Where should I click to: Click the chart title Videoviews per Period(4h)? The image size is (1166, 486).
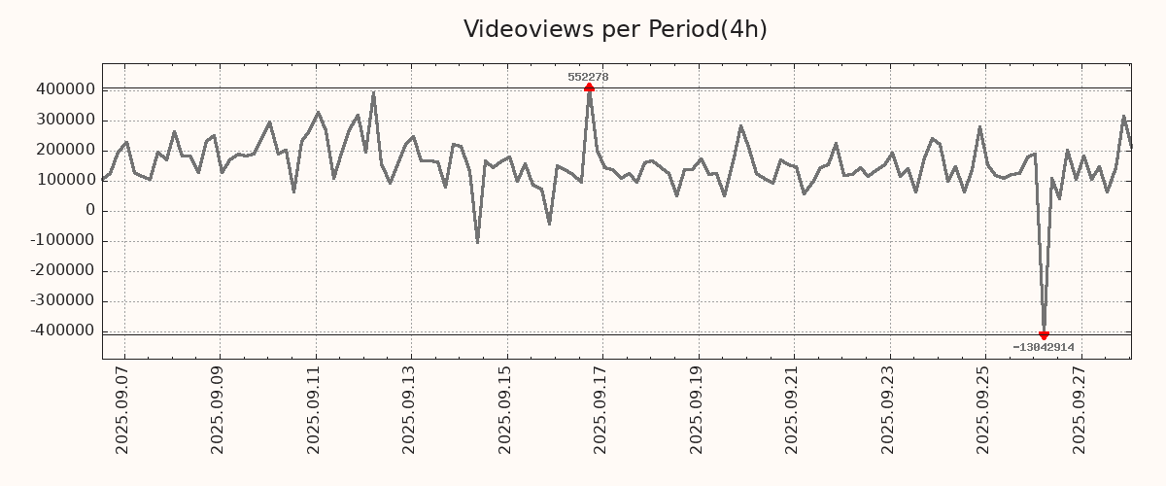pos(615,29)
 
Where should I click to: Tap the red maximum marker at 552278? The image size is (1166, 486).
pos(589,87)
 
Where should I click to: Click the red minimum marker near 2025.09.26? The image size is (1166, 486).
pos(1044,335)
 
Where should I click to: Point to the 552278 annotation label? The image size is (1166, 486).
pos(589,77)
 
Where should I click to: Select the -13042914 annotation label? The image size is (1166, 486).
pos(1044,347)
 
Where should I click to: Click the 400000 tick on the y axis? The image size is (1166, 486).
pos(64,89)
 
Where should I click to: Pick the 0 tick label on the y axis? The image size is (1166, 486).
pos(90,210)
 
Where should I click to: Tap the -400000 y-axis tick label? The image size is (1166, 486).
pos(61,330)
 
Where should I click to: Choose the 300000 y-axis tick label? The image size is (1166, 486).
pos(64,120)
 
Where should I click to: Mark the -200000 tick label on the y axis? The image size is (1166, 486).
pos(61,270)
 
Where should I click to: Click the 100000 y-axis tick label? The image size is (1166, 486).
pos(64,180)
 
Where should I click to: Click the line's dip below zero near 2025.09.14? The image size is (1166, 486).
pos(477,241)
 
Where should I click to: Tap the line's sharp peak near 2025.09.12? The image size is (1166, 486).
pos(373,94)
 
